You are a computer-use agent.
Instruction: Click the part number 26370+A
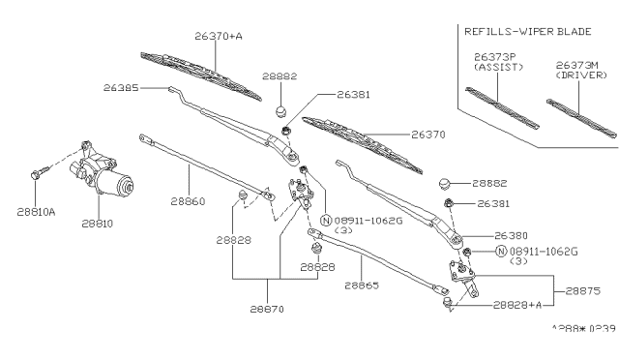tap(218, 36)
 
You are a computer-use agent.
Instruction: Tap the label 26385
tap(123, 87)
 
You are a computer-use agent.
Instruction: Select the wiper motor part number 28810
tap(97, 223)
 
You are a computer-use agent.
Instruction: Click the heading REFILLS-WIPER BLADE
tap(520, 29)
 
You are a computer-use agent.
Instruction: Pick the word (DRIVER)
tap(578, 75)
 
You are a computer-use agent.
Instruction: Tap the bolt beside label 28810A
tap(38, 174)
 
